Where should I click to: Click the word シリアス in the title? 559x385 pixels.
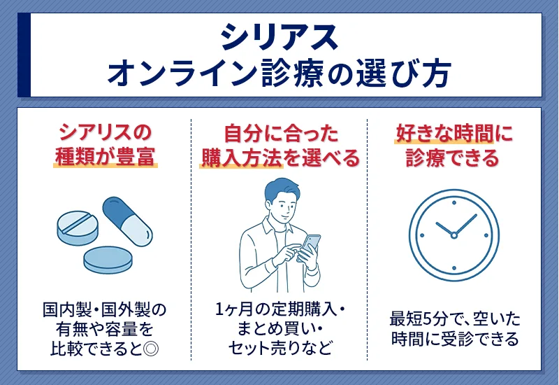point(279,37)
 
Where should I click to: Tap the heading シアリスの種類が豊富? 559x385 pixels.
point(106,145)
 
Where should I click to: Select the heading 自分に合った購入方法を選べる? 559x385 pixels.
point(281,146)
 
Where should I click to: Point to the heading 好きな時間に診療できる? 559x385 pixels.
point(453,146)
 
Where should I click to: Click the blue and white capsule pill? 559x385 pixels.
point(127,221)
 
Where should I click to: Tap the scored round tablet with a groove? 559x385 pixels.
point(78,227)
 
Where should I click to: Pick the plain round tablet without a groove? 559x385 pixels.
point(108,260)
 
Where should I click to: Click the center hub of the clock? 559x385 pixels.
point(453,235)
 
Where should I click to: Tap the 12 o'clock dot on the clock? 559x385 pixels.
point(453,203)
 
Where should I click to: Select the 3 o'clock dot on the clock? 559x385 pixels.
point(486,235)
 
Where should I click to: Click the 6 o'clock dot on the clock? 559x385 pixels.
point(453,268)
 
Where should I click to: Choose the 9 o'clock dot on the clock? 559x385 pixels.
point(422,235)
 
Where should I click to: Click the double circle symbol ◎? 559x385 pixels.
point(150,349)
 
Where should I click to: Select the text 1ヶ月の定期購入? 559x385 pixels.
point(276,309)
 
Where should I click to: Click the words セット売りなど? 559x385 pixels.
point(280,348)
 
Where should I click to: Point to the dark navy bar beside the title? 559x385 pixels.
point(24,55)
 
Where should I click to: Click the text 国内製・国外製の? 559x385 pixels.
point(104,309)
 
